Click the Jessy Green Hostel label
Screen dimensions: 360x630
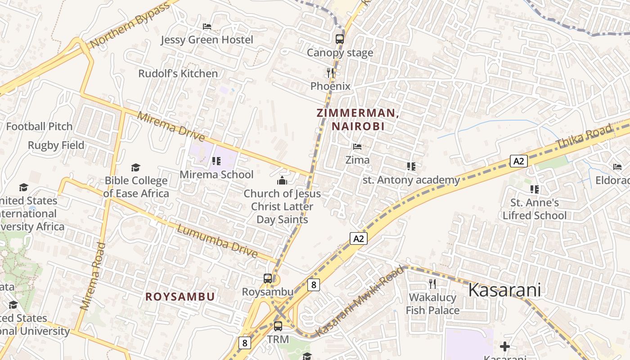[207, 40]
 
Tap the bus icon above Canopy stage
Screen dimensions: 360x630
[340, 39]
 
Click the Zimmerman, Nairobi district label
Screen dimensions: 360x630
[358, 120]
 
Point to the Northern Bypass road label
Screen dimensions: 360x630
[130, 25]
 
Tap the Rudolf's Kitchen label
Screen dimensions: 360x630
[178, 73]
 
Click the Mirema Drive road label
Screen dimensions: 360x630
[171, 127]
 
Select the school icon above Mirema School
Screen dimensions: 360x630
[216, 161]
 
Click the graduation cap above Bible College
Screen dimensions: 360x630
[135, 168]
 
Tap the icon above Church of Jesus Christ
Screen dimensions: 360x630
[282, 181]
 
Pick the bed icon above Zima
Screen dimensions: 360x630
[357, 147]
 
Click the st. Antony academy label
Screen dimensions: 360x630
[411, 180]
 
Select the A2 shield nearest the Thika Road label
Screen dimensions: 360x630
[518, 161]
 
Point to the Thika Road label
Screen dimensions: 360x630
[584, 136]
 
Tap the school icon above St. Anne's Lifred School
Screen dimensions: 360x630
[535, 189]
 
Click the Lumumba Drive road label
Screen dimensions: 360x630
[217, 241]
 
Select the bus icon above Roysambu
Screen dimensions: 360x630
[268, 279]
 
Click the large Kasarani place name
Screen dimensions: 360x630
[504, 290]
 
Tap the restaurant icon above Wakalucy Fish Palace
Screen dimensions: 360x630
[432, 284]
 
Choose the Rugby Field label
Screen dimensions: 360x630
[56, 145]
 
